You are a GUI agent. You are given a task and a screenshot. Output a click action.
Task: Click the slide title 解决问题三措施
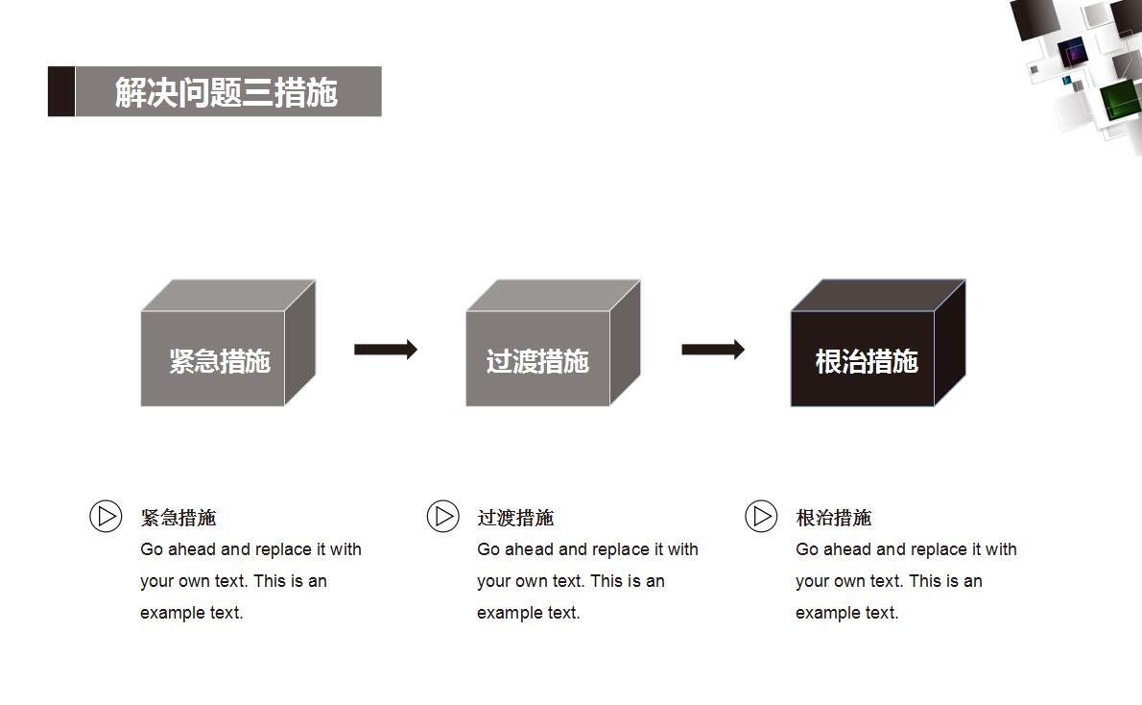pos(226,92)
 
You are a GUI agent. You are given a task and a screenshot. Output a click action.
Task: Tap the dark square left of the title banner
pos(61,91)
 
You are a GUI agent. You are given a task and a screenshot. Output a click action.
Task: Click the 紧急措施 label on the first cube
pos(220,361)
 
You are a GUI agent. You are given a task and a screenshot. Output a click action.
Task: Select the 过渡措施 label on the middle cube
pos(536,361)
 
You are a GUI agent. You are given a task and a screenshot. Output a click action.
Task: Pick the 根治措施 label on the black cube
pos(867,361)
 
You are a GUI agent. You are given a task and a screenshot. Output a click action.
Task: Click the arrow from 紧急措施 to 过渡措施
pos(386,349)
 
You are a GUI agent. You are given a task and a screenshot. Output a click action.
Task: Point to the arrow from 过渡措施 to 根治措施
pos(713,349)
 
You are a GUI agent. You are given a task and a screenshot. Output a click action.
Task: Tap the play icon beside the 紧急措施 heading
pos(106,516)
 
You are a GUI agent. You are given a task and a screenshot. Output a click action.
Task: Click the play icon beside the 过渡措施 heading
pos(442,516)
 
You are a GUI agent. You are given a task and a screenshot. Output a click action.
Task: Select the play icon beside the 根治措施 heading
pos(761,516)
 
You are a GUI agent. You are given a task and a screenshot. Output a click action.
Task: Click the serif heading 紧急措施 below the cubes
pos(178,518)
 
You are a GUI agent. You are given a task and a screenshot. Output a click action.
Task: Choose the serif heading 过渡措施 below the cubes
pos(515,518)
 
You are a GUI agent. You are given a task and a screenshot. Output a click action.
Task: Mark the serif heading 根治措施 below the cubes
pos(834,518)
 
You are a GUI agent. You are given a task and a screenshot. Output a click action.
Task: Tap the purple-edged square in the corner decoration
pos(1072,50)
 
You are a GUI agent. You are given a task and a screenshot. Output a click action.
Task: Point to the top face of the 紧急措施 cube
pos(228,295)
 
